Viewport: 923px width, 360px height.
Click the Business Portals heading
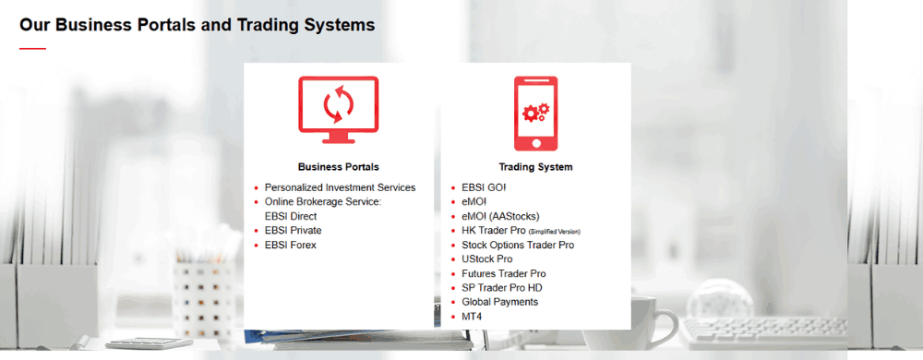click(339, 167)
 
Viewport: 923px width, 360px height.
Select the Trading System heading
click(535, 167)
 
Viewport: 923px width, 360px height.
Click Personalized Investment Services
click(341, 187)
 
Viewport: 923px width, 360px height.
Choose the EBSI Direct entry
click(291, 217)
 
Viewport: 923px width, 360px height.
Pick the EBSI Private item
click(294, 231)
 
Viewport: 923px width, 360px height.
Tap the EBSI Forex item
click(290, 246)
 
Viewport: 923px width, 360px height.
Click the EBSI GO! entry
click(484, 187)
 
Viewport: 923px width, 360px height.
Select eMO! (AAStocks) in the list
click(500, 217)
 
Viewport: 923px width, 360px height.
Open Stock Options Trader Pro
click(518, 246)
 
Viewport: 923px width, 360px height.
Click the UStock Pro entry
click(486, 259)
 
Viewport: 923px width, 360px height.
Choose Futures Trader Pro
click(504, 274)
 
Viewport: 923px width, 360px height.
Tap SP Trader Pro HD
click(502, 288)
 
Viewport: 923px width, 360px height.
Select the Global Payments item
click(499, 303)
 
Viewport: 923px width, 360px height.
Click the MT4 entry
click(472, 317)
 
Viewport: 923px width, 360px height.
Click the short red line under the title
click(33, 49)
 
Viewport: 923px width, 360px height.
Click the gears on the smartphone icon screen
click(535, 112)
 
